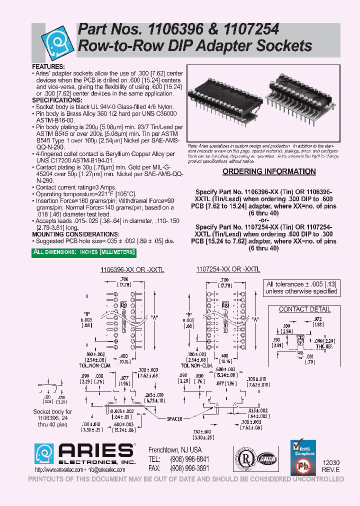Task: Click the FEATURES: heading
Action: click(48, 66)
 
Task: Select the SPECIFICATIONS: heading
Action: click(57, 100)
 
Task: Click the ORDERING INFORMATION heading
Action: click(269, 171)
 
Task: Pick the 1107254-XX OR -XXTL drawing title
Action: click(229, 269)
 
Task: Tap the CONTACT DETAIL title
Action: click(304, 309)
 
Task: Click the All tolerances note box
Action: click(301, 287)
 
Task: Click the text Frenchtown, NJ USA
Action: click(175, 449)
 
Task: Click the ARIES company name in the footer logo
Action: click(97, 449)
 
